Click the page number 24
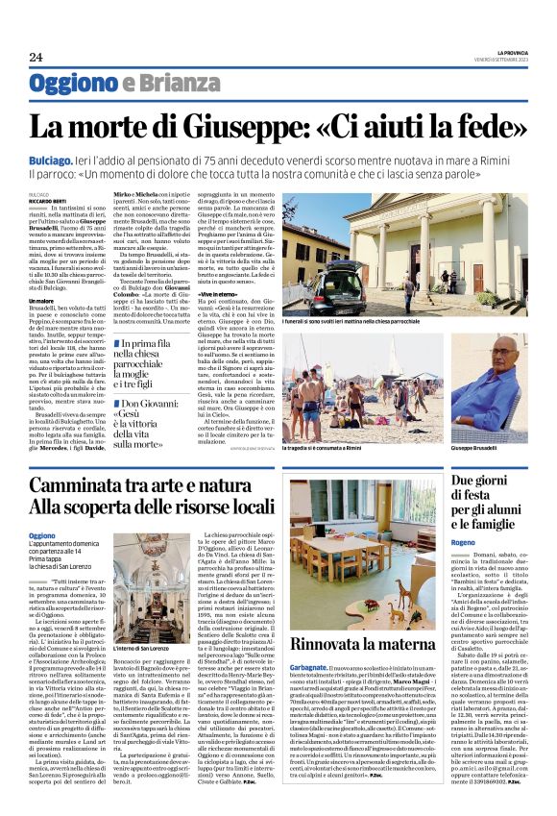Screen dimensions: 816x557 (x=35, y=57)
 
